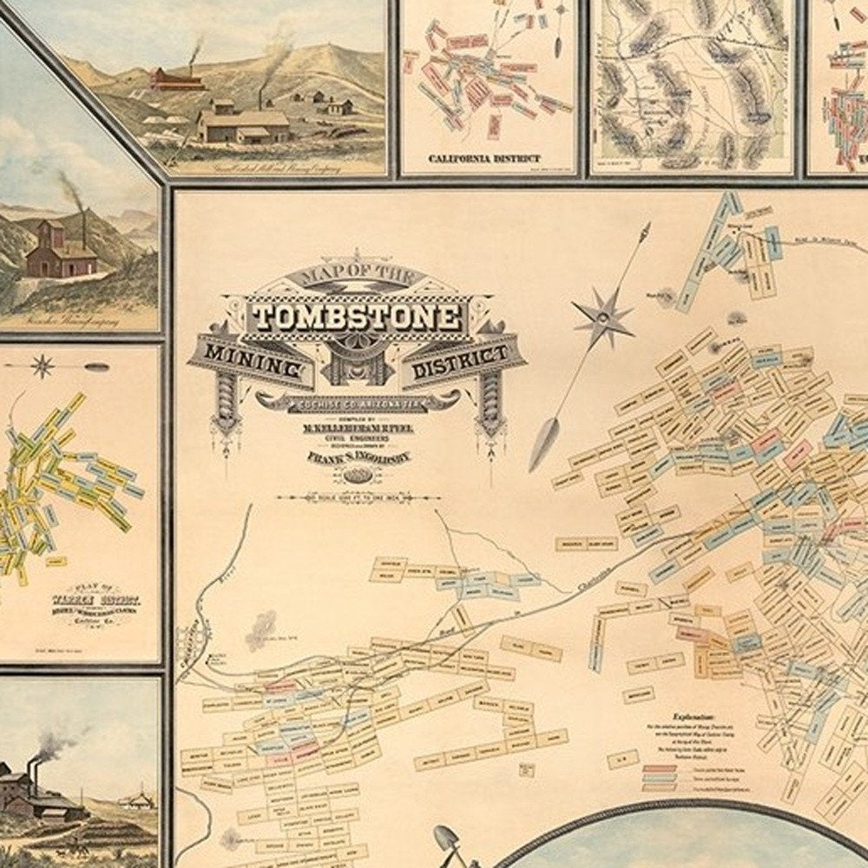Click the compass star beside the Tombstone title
tap(602, 317)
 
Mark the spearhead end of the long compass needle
tap(542, 443)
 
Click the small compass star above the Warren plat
tap(42, 365)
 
